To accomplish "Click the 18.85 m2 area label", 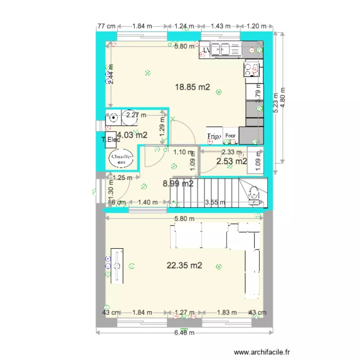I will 192,87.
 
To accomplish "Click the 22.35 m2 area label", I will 184,265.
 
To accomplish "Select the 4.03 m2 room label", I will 132,135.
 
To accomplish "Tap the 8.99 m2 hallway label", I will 178,183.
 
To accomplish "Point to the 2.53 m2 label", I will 231,161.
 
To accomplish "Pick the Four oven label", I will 230,136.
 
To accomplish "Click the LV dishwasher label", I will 206,49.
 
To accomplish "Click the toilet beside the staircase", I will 255,194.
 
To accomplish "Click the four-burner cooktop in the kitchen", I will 252,70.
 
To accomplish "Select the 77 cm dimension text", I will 106,26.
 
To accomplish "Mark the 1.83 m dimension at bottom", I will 227,312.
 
